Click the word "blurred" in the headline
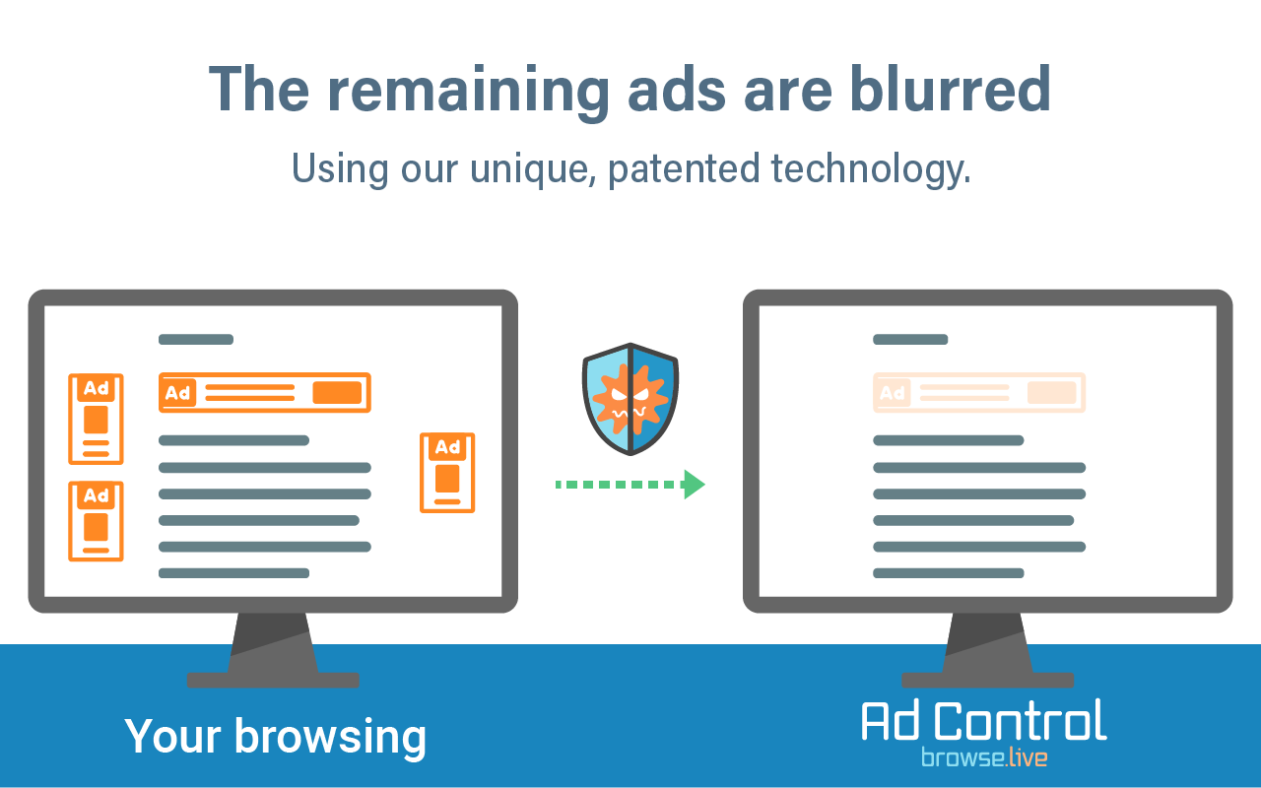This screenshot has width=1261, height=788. click(x=950, y=89)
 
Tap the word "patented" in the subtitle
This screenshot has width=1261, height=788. click(x=684, y=168)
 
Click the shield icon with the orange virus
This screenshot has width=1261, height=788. click(x=630, y=399)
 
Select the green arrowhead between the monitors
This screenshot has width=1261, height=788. click(x=695, y=484)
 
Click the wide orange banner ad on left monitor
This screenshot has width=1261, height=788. click(x=265, y=392)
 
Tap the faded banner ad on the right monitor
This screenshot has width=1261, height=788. click(x=979, y=392)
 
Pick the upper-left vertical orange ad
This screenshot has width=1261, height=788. click(x=96, y=419)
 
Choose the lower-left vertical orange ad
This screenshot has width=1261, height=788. click(x=96, y=521)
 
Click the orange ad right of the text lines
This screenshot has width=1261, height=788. click(x=447, y=473)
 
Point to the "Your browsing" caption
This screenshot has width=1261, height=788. click(x=275, y=736)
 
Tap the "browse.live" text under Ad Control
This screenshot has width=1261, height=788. click(x=984, y=757)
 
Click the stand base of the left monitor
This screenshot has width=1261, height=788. click(x=273, y=680)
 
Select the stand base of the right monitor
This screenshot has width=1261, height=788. click(x=988, y=680)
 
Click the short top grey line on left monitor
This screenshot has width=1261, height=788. click(x=196, y=340)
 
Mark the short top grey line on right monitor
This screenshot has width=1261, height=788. click(x=910, y=340)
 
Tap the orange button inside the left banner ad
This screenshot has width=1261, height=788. click(x=337, y=392)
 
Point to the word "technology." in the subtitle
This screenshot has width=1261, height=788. click(x=872, y=168)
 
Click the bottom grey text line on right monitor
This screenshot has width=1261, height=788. click(x=949, y=573)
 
